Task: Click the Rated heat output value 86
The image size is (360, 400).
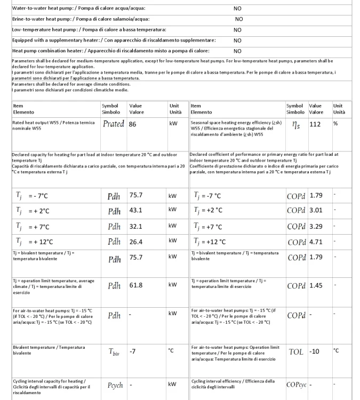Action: (x=134, y=124)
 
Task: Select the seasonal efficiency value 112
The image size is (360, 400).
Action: (x=316, y=124)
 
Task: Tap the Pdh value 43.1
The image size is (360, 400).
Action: (x=137, y=210)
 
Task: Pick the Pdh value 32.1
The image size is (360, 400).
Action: (x=137, y=226)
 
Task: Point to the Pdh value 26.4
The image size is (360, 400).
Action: (x=137, y=242)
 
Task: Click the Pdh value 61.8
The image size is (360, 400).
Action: (x=137, y=285)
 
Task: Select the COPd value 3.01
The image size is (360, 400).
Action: (x=317, y=210)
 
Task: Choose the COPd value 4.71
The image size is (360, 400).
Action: (x=317, y=242)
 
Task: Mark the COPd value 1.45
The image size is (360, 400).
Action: (x=317, y=285)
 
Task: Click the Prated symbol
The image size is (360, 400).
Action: (x=113, y=124)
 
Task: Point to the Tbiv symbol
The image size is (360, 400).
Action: (x=114, y=353)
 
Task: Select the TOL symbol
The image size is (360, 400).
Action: (x=296, y=352)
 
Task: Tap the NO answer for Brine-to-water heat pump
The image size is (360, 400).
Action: (x=238, y=19)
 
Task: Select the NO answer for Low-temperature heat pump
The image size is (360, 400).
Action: (x=237, y=29)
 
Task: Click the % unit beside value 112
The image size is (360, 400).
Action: (x=336, y=123)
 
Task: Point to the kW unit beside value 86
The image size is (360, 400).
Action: (x=172, y=123)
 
